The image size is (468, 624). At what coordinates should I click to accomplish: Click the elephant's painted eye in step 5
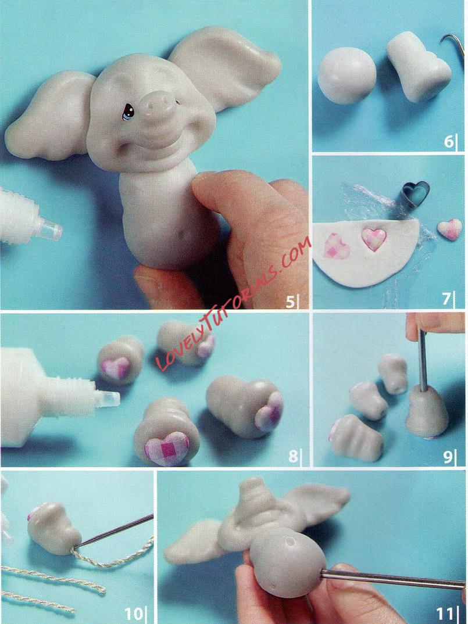[128, 112]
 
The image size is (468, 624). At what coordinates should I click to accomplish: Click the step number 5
[290, 302]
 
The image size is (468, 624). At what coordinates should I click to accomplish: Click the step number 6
[449, 141]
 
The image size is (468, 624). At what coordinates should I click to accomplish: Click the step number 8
[293, 456]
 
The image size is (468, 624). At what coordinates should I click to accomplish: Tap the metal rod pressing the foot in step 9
[422, 360]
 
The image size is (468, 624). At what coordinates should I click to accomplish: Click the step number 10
[134, 614]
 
